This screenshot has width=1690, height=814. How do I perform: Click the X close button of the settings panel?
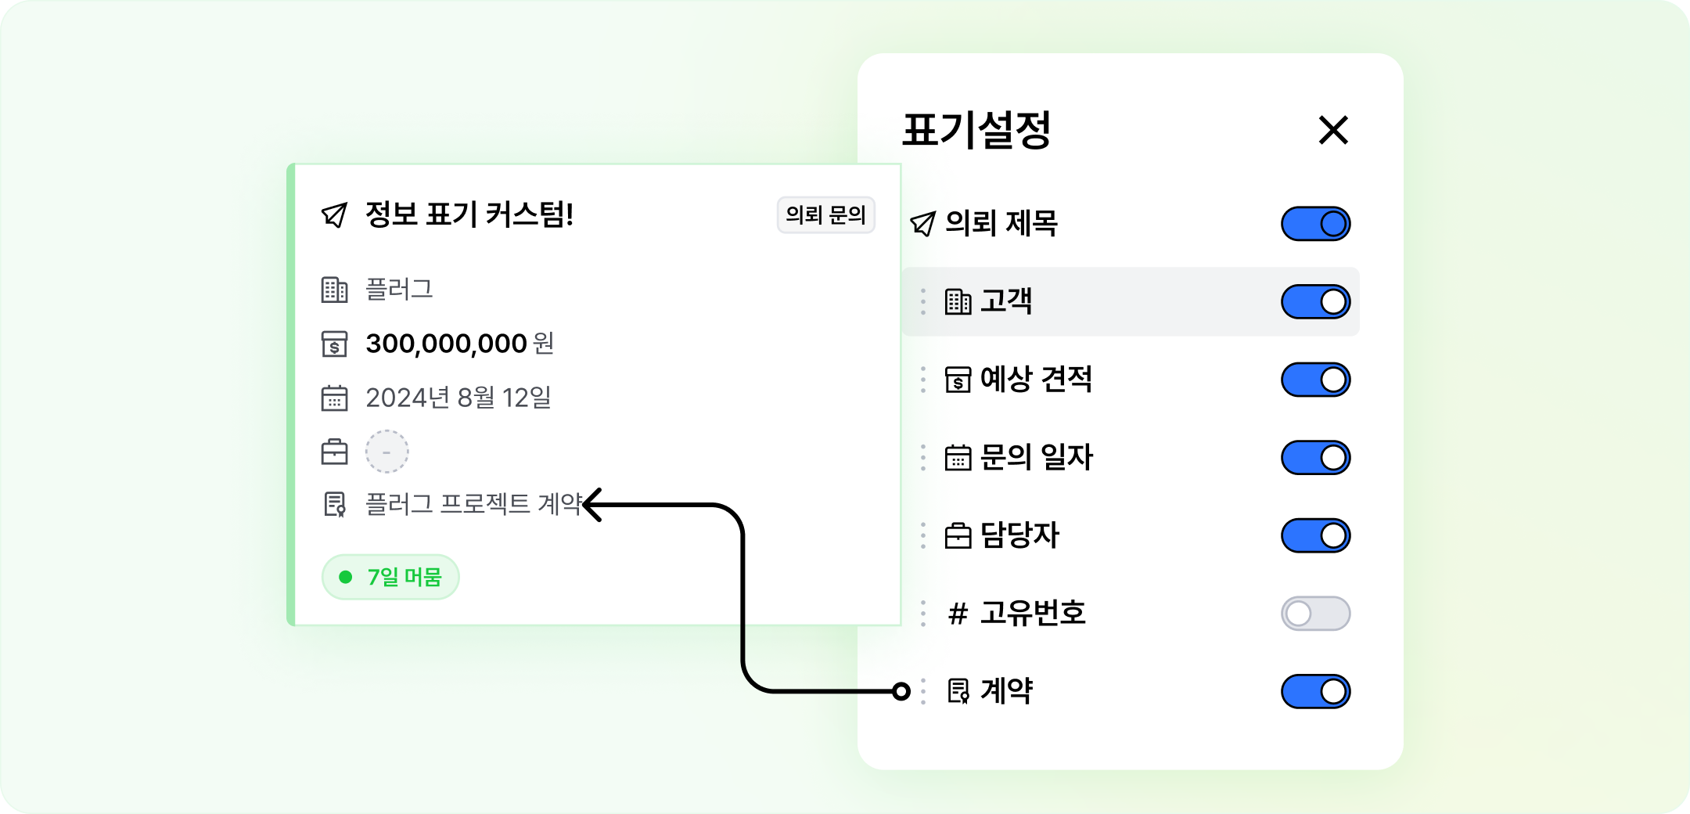pos(1333,130)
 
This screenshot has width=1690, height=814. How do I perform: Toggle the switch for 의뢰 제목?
pos(1315,224)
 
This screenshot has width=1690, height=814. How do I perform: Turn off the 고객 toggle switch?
pos(1315,301)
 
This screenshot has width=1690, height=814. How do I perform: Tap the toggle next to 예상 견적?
pos(1315,380)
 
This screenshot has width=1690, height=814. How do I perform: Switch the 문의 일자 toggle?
pos(1315,457)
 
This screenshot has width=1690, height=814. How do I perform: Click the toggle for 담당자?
pos(1315,535)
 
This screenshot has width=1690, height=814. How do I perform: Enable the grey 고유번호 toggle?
pos(1315,613)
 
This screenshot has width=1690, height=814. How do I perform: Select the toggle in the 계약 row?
pos(1315,691)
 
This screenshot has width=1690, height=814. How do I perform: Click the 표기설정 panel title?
pos(976,130)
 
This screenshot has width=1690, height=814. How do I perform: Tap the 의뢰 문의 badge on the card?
pos(825,214)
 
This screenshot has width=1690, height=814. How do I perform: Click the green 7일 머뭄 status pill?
pos(390,577)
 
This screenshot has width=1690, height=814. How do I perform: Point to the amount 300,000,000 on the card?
pos(446,344)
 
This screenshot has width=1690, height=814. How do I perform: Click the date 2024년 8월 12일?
pos(458,398)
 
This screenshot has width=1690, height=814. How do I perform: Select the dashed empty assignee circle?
pos(387,452)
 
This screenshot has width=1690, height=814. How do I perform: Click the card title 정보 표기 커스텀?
pos(469,214)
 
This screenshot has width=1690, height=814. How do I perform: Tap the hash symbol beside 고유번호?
pos(958,614)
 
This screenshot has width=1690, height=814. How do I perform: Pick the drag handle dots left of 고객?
pos(923,301)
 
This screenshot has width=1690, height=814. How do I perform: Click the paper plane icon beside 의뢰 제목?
pos(923,224)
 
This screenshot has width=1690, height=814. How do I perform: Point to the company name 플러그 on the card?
pos(399,290)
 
